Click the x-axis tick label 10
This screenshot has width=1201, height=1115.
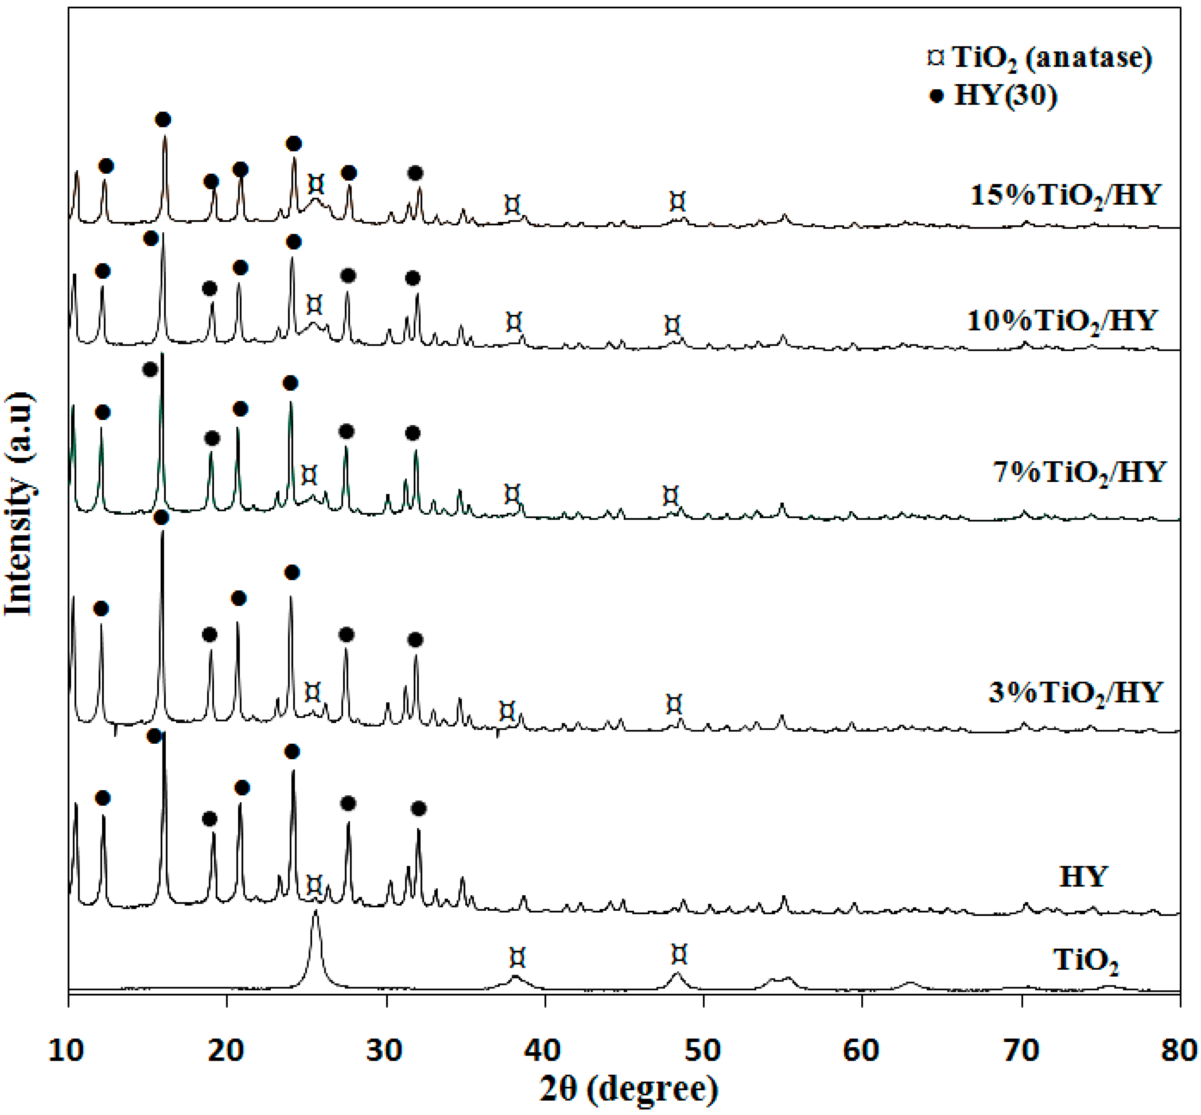[x=67, y=1050]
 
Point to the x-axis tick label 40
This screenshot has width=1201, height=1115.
[x=543, y=1050]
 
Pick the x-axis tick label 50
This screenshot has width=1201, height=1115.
[x=703, y=1050]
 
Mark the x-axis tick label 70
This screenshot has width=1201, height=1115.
[x=1021, y=1050]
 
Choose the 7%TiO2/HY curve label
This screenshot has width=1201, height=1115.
[x=1079, y=472]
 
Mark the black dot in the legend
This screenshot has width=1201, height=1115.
[x=936, y=95]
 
